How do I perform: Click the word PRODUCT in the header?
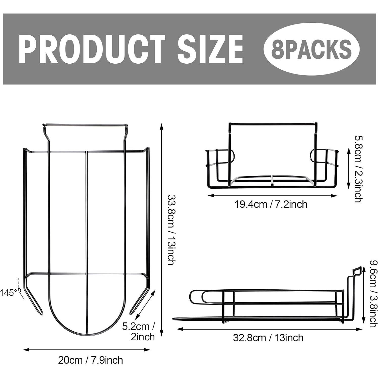(x=92, y=49)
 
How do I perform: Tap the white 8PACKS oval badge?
(x=311, y=49)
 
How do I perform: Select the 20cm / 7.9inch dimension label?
(x=90, y=360)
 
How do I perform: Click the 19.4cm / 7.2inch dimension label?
(x=271, y=204)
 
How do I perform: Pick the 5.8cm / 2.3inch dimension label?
(x=358, y=169)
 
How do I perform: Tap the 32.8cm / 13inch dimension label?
(x=268, y=338)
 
